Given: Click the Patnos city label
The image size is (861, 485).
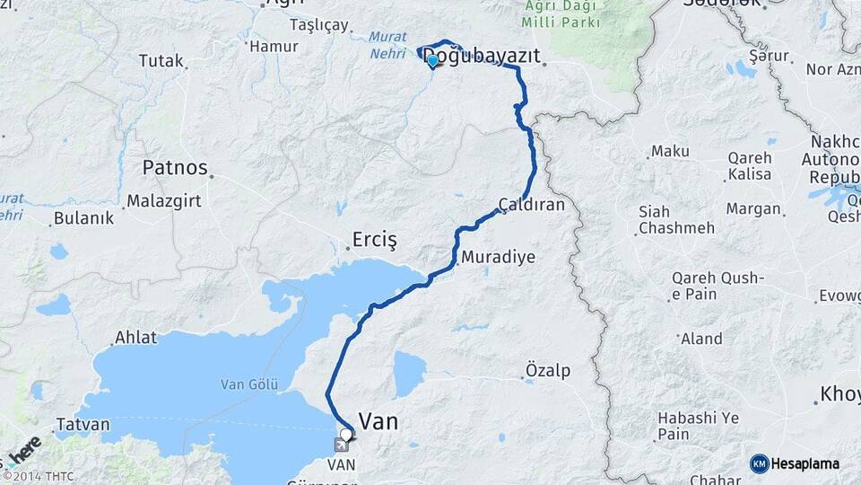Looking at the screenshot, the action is (x=175, y=168).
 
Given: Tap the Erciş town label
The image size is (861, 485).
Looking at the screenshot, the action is (x=375, y=241).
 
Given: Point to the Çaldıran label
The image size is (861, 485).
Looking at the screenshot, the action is (x=533, y=206).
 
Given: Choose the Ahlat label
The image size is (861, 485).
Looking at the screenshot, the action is (x=135, y=339).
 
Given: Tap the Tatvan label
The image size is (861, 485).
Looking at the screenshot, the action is (x=83, y=425).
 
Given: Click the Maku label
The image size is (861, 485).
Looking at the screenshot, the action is (x=669, y=152).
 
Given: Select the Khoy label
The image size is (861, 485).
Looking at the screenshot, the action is (x=839, y=395).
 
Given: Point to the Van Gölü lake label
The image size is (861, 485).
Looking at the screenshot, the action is (x=249, y=384).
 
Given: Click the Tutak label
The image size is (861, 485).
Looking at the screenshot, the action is (x=161, y=61).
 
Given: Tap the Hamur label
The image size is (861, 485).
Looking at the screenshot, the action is (x=274, y=46).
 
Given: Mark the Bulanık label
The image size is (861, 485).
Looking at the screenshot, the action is (x=83, y=218).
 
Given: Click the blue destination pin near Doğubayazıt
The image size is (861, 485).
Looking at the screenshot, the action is (x=433, y=60).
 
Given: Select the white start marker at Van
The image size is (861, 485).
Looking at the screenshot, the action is (x=346, y=435).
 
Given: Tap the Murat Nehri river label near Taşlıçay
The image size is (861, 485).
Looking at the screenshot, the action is (x=387, y=45).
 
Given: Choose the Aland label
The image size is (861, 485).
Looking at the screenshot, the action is (x=701, y=339).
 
